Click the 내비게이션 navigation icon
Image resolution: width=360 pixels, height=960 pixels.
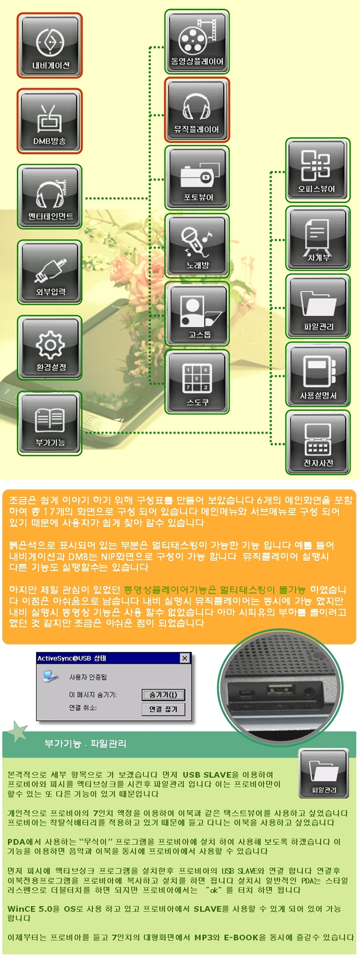point(50,46)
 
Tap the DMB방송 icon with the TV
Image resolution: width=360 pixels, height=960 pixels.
point(50,121)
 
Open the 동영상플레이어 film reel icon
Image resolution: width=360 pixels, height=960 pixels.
point(197,42)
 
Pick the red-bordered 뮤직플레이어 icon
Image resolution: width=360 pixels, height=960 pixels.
point(197,110)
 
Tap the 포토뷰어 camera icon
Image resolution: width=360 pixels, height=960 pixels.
point(197,178)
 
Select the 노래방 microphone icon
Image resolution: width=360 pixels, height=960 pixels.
point(197,246)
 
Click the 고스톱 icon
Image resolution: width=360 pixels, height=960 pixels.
point(197,314)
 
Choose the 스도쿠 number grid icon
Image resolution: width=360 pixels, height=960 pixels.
point(197,382)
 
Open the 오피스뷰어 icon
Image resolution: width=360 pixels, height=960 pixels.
point(318,170)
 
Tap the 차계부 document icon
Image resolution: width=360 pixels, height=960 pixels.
point(318,238)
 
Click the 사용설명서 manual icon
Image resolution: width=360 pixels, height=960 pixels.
point(318,375)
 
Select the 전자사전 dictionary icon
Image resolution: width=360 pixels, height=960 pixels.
point(318,443)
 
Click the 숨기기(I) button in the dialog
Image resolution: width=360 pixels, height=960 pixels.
point(163,695)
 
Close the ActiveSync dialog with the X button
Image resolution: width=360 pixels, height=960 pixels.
point(185,659)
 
